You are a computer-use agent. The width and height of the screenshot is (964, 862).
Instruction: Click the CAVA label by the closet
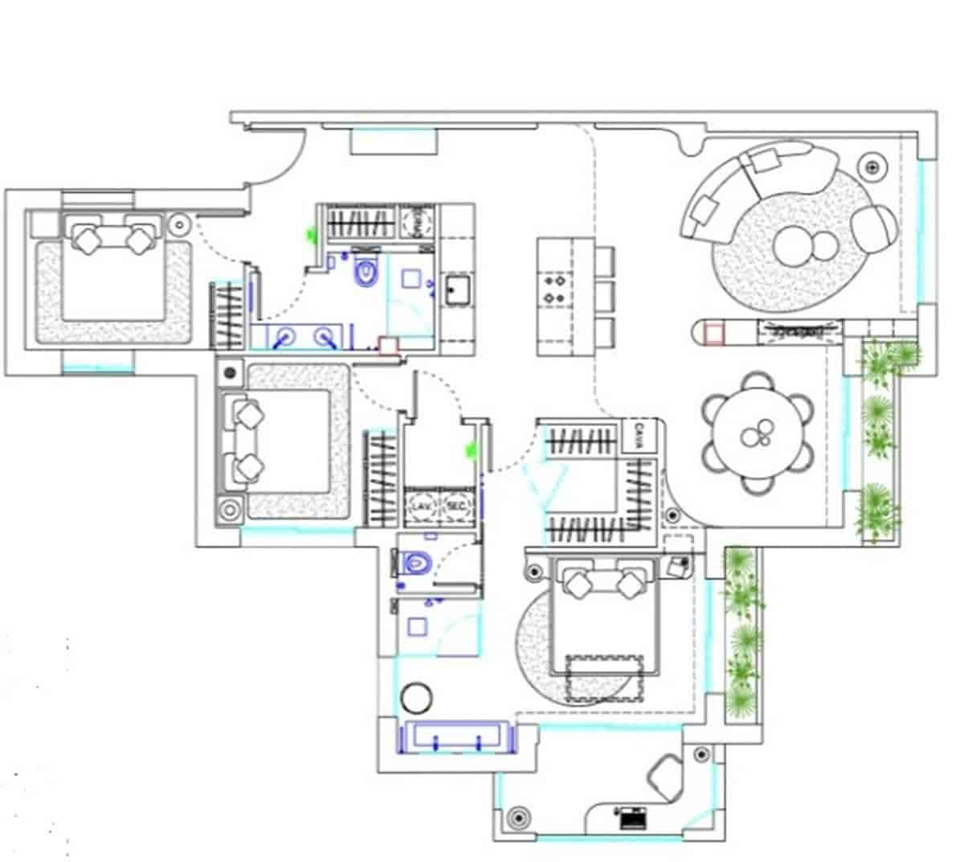(640, 434)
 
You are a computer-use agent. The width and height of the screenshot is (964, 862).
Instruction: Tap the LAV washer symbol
(420, 506)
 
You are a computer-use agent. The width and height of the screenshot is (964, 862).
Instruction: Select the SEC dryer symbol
(455, 506)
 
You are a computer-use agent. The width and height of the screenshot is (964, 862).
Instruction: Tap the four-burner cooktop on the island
(554, 289)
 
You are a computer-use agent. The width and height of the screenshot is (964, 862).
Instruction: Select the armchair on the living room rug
(874, 228)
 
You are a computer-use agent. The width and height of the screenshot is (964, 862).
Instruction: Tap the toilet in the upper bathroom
(366, 272)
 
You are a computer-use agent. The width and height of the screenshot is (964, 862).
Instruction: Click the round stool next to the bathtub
(417, 697)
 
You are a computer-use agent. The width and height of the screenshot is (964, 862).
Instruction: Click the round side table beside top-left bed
(179, 224)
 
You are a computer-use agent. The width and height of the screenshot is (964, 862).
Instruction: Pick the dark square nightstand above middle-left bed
(231, 372)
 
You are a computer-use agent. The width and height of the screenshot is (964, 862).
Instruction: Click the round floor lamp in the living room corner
(872, 167)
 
